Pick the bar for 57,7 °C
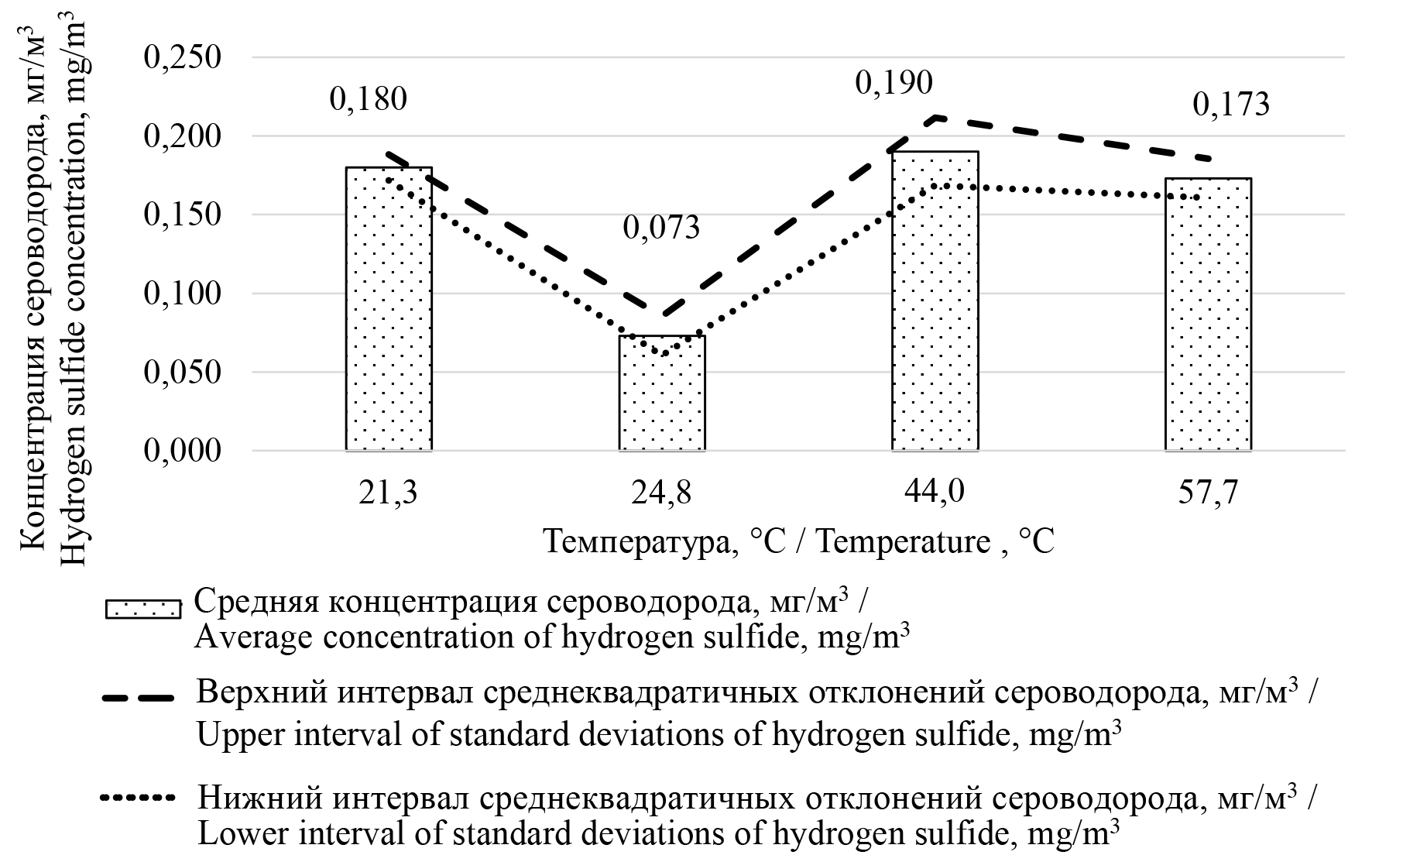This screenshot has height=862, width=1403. point(1208,314)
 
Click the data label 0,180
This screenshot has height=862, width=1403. point(368,100)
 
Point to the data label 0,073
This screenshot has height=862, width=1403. point(661,228)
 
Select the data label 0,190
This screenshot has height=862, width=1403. point(894,83)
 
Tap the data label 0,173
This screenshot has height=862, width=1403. point(1231,105)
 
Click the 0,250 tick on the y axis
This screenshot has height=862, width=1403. point(183,58)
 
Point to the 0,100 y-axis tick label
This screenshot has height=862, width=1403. point(183,294)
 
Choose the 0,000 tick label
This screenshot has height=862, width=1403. point(183,451)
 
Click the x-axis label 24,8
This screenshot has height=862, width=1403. point(661,493)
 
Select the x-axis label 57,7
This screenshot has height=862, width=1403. point(1208,493)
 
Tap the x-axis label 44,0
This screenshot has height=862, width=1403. point(935,493)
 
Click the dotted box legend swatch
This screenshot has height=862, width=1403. point(143,610)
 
